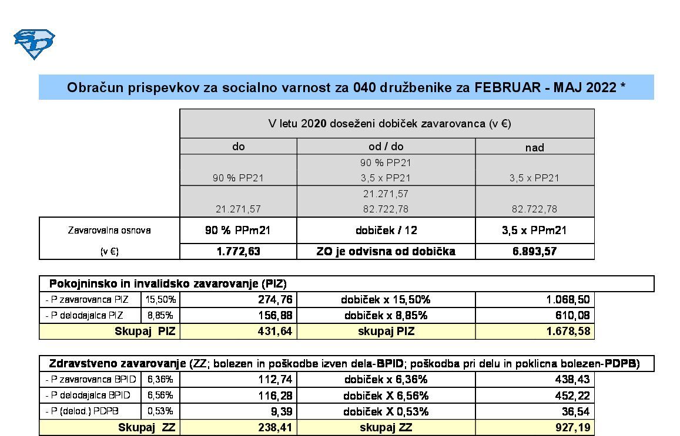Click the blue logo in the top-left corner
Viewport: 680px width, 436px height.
(x=34, y=44)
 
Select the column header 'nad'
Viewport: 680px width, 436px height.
(x=534, y=147)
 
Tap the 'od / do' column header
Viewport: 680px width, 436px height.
(x=386, y=146)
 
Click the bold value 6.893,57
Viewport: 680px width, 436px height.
(x=534, y=251)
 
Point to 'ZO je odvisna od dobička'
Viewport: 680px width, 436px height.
(x=386, y=251)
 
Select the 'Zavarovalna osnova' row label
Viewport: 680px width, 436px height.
(x=109, y=230)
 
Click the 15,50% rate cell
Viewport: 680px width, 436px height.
(x=161, y=299)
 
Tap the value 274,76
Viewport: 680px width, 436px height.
(x=275, y=299)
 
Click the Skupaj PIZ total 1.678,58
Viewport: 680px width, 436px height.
(x=565, y=332)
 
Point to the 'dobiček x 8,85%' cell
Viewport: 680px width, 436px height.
(x=386, y=315)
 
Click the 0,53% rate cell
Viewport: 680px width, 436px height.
(x=161, y=411)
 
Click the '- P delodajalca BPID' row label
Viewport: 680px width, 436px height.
(x=88, y=396)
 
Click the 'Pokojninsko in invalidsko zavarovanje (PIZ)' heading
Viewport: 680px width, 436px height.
(x=168, y=284)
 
